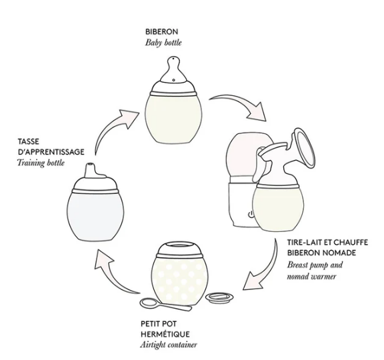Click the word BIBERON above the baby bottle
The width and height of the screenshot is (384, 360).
coord(161,31)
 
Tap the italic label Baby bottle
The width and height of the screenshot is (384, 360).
coord(163,43)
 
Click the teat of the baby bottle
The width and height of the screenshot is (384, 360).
coord(173,71)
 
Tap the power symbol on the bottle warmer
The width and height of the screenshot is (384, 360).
coord(251,215)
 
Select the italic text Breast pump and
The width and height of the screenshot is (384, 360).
coord(315,265)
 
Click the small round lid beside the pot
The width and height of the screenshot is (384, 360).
coord(219,297)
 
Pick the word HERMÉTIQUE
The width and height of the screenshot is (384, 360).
coord(165,334)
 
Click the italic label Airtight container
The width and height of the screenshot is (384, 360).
coord(169,345)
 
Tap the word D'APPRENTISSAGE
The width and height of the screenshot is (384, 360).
coord(51,152)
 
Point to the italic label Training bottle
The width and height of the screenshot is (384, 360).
coord(41,163)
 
